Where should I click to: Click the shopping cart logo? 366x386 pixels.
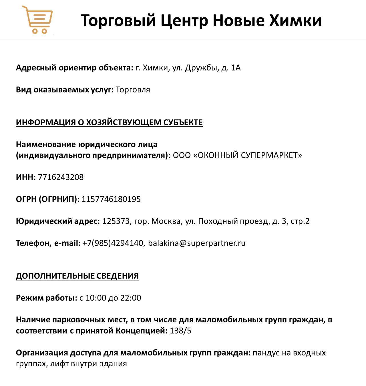(37, 20)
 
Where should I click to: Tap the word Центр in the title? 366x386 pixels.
(184, 21)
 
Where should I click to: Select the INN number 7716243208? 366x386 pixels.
(61, 177)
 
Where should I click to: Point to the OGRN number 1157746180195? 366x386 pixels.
(111, 199)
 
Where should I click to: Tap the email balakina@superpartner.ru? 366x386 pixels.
(197, 243)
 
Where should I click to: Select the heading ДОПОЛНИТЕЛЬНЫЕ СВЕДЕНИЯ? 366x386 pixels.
(77, 276)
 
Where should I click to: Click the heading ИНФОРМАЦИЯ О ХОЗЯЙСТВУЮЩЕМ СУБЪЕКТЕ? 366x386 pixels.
(109, 122)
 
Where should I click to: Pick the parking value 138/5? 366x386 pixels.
(180, 331)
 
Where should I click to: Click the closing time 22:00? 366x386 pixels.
(131, 298)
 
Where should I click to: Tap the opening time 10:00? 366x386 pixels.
(96, 298)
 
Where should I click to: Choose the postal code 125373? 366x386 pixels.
(116, 221)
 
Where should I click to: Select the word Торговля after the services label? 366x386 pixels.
(133, 90)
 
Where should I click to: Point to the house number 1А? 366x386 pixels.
(236, 68)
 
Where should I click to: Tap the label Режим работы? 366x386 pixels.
(46, 298)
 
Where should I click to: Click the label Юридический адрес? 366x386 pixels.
(58, 221)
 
